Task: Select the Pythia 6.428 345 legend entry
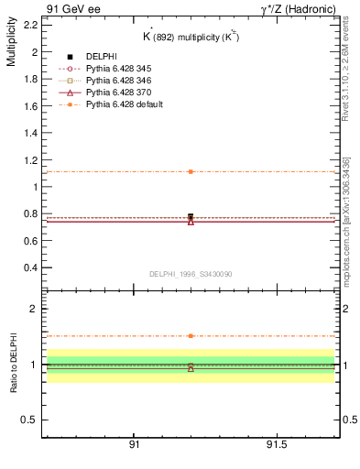point(117,69)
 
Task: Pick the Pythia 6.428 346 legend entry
point(117,82)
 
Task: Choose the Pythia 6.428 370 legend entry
point(117,93)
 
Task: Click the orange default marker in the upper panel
point(191,171)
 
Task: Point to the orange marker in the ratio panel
point(191,336)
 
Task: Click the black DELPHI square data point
point(191,217)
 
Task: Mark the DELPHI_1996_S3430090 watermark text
point(190,273)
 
